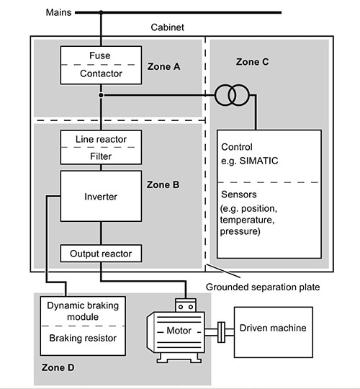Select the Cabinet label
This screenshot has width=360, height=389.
coord(167,27)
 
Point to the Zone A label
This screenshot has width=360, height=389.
coord(163,66)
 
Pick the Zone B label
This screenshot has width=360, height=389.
coord(163,185)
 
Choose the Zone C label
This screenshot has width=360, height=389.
coord(252,62)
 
